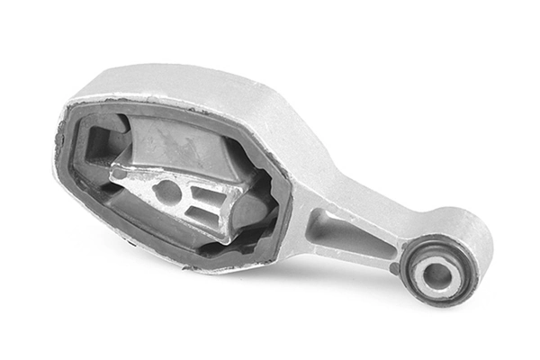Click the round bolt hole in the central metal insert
pyautogui.click(x=166, y=190)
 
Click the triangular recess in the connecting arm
pyautogui.click(x=343, y=236)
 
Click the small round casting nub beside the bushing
pyautogui.click(x=394, y=266)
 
